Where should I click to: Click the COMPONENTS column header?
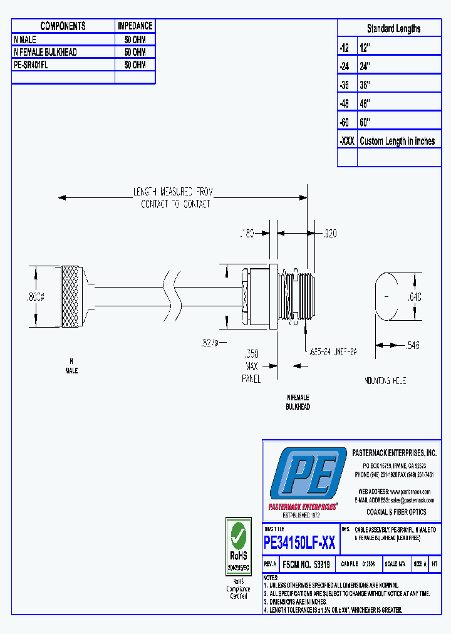pyautogui.click(x=63, y=26)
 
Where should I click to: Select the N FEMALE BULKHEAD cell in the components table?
pyautogui.click(x=45, y=52)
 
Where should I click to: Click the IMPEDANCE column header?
pyautogui.click(x=135, y=26)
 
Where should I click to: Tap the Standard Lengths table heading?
pyautogui.click(x=393, y=28)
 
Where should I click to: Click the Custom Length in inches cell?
pyautogui.click(x=397, y=141)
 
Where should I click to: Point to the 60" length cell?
pyautogui.click(x=365, y=122)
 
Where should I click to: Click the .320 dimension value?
pyautogui.click(x=329, y=234)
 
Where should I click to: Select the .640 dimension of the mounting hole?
pyautogui.click(x=415, y=297)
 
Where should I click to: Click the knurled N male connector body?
pyautogui.click(x=71, y=290)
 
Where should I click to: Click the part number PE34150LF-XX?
pyautogui.click(x=299, y=542)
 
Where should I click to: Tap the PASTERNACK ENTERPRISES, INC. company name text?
pyautogui.click(x=394, y=452)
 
